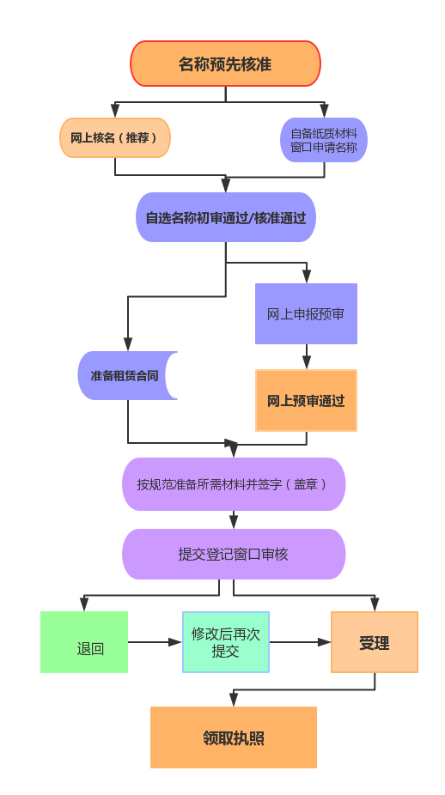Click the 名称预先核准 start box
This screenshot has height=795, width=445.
point(225,64)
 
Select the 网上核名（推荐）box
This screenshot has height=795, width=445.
point(115,138)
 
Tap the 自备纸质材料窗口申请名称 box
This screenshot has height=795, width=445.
point(324,140)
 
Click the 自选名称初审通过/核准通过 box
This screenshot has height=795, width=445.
point(226,217)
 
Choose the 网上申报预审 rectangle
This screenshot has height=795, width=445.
point(306,314)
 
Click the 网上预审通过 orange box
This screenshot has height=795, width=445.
point(306,401)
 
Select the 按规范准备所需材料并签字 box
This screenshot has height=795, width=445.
point(234,484)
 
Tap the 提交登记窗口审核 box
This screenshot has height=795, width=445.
point(234,554)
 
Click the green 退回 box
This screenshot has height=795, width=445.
point(84,642)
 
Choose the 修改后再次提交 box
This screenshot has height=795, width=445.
point(226,642)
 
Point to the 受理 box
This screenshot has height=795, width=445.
point(375,642)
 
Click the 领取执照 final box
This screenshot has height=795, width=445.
point(234,737)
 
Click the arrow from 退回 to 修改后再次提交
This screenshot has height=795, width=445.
point(155,642)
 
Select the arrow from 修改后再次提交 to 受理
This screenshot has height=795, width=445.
point(300,642)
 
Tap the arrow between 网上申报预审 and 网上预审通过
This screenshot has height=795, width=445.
point(306,357)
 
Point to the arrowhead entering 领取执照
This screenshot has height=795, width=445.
point(234,700)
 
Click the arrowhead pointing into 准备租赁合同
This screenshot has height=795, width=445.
point(128,343)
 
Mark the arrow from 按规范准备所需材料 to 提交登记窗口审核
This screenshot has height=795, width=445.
point(234,519)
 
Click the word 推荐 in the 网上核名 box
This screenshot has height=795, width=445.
point(137,138)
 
